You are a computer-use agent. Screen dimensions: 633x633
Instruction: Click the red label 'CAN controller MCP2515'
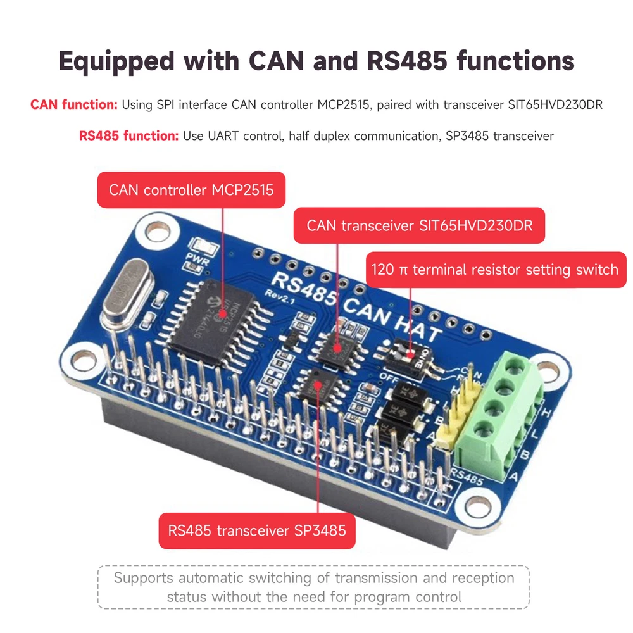[x=191, y=189]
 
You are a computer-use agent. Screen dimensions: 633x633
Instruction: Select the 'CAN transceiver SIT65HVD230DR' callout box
[x=419, y=225]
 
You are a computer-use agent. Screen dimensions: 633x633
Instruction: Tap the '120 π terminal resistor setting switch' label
[x=496, y=270]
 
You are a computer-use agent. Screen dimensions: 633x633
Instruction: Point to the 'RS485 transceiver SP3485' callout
[x=257, y=529]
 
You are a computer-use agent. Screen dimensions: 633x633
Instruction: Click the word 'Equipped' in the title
[x=116, y=61]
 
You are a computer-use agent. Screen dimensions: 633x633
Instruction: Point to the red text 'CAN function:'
[x=73, y=104]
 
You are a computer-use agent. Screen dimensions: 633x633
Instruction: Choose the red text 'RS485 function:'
[x=128, y=135]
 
